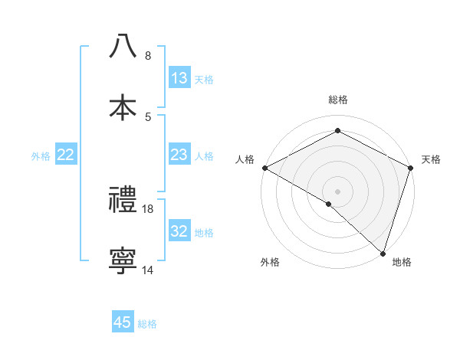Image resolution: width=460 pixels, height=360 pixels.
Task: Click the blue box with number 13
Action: click(179, 78)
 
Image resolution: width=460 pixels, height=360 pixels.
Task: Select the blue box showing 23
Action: click(179, 155)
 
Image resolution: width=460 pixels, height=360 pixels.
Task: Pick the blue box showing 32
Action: click(179, 231)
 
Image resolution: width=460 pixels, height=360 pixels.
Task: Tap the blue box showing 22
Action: click(66, 155)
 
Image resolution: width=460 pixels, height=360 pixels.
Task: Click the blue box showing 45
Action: click(123, 322)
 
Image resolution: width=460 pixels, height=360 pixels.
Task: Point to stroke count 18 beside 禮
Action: click(148, 208)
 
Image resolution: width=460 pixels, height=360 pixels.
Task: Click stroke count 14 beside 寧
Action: click(148, 270)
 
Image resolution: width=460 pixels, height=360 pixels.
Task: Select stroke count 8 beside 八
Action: click(148, 55)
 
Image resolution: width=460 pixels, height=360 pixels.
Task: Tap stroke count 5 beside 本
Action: click(148, 116)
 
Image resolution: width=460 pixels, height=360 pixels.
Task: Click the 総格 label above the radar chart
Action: click(338, 100)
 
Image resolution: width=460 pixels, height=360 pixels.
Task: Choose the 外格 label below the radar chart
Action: click(270, 263)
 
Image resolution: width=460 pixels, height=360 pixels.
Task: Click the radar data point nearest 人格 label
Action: click(264, 168)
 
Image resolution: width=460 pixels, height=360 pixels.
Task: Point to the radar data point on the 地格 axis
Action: click(383, 253)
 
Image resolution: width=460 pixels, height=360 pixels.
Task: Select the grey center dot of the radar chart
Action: click(338, 191)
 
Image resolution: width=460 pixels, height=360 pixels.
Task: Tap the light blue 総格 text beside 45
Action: click(148, 324)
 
